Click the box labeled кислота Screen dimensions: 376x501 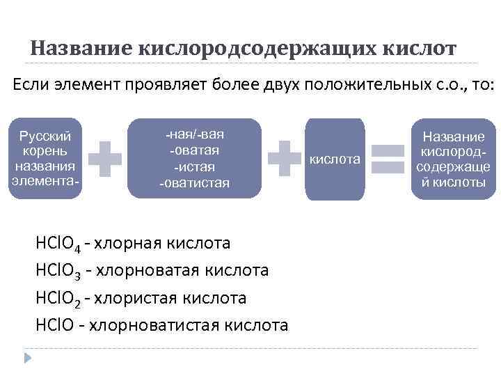(335, 159)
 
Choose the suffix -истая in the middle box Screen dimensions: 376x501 (194, 167)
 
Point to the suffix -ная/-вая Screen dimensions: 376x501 (194, 134)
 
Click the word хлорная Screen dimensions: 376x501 (127, 244)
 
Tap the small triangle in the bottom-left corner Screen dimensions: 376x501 (29, 358)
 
